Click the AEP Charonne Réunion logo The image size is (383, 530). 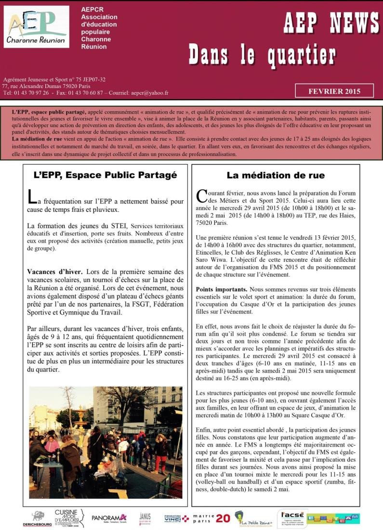click(37, 27)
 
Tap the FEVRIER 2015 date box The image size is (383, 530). click(334, 91)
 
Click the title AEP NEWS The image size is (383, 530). click(331, 22)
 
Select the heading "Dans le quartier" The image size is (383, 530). click(262, 54)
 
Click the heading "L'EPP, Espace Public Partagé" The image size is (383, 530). click(106, 175)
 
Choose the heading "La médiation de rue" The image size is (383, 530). click(276, 175)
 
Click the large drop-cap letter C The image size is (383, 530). click(202, 195)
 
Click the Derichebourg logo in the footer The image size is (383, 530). click(38, 519)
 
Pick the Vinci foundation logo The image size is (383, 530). click(176, 518)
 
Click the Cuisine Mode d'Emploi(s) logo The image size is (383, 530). click(69, 518)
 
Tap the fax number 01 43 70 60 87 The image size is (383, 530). click(84, 93)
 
